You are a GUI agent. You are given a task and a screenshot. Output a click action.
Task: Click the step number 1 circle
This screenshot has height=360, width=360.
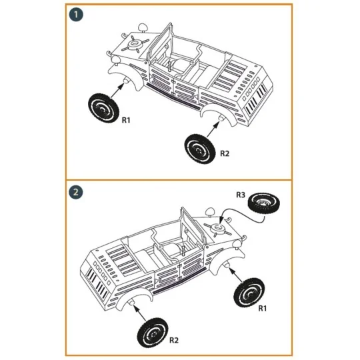tap(77, 14)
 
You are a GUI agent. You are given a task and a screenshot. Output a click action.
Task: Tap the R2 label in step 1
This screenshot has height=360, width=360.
tap(225, 153)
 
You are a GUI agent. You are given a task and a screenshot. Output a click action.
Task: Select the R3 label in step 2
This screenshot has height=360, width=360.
tap(241, 195)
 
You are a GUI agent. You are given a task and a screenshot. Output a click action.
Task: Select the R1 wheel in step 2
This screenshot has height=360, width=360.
tap(249, 293)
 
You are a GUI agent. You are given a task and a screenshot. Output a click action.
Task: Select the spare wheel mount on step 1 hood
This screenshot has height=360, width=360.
tap(135, 43)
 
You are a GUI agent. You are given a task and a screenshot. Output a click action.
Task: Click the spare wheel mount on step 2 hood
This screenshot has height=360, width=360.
tap(219, 228)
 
